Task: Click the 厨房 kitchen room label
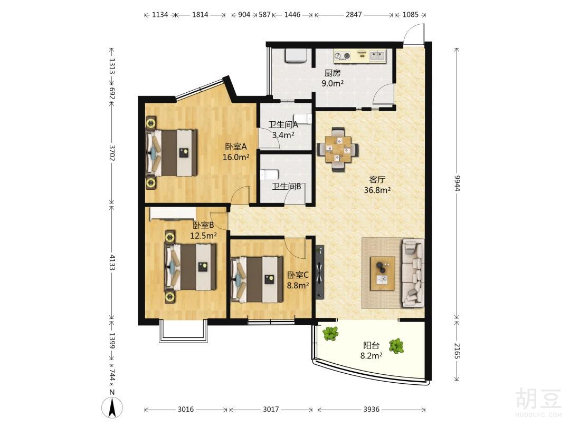tap(332, 73)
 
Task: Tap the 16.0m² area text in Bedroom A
tap(236, 157)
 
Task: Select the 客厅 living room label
tap(377, 179)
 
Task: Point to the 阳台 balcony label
tap(371, 345)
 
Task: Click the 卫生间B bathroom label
tap(287, 187)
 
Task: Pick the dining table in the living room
tap(338, 149)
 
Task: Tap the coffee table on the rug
tap(383, 274)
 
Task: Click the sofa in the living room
tap(413, 273)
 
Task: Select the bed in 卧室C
tap(257, 279)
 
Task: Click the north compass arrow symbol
tap(112, 407)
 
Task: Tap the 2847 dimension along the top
tap(353, 15)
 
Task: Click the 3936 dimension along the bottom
tap(371, 409)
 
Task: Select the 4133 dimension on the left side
tap(112, 262)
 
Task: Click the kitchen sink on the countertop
tap(378, 55)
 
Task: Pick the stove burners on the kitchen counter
tap(343, 55)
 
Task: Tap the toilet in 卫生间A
tap(304, 119)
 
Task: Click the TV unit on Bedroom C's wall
tap(319, 272)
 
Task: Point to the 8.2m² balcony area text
tap(371, 355)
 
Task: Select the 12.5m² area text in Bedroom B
tap(204, 235)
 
